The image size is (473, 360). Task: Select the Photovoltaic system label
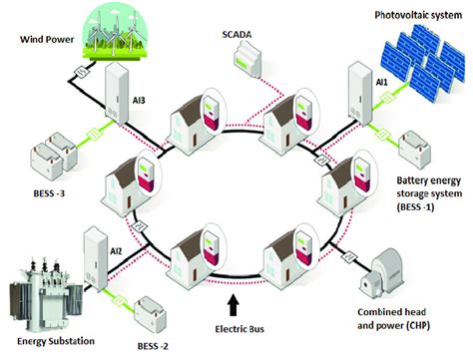tap(416, 17)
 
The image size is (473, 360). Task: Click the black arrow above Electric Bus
tap(236, 299)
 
